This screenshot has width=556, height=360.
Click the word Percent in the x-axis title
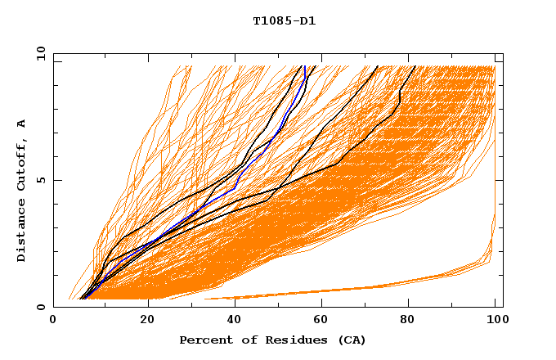point(204,340)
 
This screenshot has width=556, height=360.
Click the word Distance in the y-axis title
point(22,232)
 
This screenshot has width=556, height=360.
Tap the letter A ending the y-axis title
point(22,124)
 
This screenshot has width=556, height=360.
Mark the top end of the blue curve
point(304,66)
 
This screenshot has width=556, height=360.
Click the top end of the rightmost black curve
point(415,66)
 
